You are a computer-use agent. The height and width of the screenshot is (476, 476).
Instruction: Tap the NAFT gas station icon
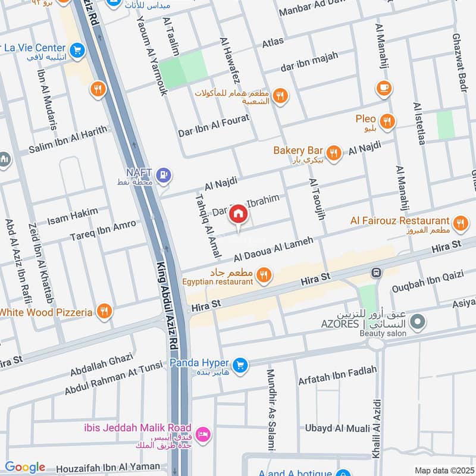[165, 175]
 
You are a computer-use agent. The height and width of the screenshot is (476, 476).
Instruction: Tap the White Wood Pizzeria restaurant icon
[104, 311]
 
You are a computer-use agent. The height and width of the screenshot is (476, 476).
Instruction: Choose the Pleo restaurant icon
[387, 121]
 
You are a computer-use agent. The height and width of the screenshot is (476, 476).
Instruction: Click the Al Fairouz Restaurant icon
[459, 224]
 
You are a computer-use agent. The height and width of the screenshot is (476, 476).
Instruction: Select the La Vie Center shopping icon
[76, 51]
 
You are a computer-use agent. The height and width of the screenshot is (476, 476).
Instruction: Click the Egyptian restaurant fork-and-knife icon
[265, 274]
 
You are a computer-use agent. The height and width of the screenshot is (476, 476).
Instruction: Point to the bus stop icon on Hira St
[376, 273]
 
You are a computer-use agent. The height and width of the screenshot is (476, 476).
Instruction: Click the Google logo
[25, 467]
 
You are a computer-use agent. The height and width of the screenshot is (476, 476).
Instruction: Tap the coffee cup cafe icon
[384, 89]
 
